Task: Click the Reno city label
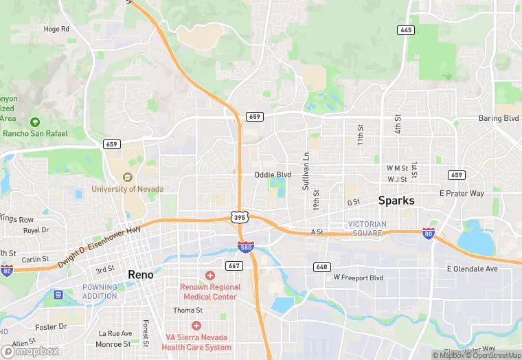click(146, 275)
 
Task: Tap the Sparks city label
click(397, 201)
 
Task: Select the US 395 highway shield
click(238, 216)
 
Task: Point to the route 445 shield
click(405, 30)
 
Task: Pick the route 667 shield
click(234, 265)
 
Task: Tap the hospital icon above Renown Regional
click(210, 275)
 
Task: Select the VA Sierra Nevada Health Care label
click(196, 342)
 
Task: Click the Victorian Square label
click(367, 228)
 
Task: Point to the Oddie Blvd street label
click(273, 175)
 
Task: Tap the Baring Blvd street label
click(499, 118)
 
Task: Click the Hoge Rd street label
click(56, 29)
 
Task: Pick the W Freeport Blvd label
click(358, 278)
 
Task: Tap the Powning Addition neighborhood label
click(100, 291)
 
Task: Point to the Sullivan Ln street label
click(306, 171)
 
